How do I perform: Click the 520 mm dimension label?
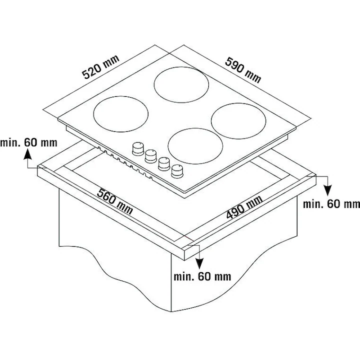click(x=101, y=67)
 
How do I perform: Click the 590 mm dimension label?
click(x=243, y=70)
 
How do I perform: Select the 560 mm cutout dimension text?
click(x=115, y=202)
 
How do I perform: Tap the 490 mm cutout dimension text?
click(x=244, y=207)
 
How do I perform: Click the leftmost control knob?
click(x=138, y=148)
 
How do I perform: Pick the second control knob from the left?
click(x=151, y=156)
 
